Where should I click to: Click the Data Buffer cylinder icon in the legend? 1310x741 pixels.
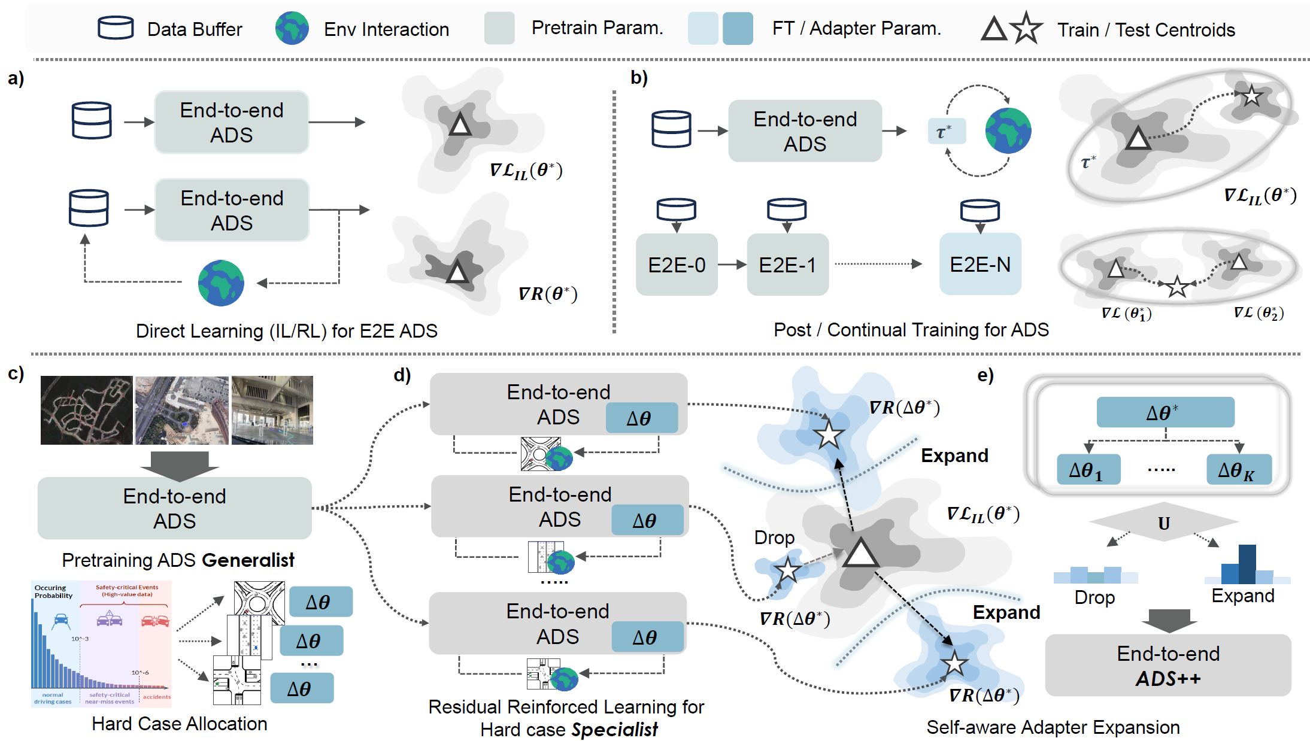tap(116, 28)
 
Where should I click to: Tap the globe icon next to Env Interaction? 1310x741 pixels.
tap(292, 28)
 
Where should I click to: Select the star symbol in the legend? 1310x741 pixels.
tap(1026, 28)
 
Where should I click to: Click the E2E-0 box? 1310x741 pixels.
tap(677, 265)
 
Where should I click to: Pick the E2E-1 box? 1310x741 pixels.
tap(787, 265)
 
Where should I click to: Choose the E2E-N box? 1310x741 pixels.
tap(980, 264)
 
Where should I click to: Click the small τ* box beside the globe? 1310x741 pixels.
tap(946, 131)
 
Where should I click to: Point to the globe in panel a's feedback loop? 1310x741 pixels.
tap(221, 283)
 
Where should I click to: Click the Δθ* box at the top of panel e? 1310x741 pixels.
tap(1165, 412)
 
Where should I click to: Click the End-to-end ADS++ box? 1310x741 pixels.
tap(1168, 666)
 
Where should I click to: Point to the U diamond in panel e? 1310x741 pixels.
tap(1164, 523)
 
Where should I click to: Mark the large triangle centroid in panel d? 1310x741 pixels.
tap(860, 554)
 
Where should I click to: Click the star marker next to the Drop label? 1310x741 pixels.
tap(787, 570)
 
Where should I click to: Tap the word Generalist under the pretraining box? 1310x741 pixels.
tap(248, 560)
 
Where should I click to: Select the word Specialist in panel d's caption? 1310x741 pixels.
tap(614, 730)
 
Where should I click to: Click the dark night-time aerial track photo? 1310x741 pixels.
tap(87, 410)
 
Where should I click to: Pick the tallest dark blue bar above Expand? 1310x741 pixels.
tap(1247, 564)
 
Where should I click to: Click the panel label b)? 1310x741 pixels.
tap(639, 78)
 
